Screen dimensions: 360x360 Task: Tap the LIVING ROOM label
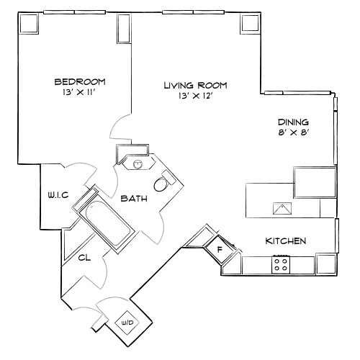point(188,85)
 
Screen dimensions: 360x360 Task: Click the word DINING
point(293,122)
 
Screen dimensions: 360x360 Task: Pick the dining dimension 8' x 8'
point(293,132)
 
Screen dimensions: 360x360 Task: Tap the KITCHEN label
point(287,240)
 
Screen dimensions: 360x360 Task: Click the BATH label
point(134,198)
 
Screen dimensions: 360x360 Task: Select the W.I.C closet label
point(58,194)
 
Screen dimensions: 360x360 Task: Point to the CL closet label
point(84,257)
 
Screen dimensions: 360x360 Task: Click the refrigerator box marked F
point(220,249)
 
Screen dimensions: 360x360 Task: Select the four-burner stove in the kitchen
point(281,265)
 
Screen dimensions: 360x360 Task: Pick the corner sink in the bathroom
point(137,163)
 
